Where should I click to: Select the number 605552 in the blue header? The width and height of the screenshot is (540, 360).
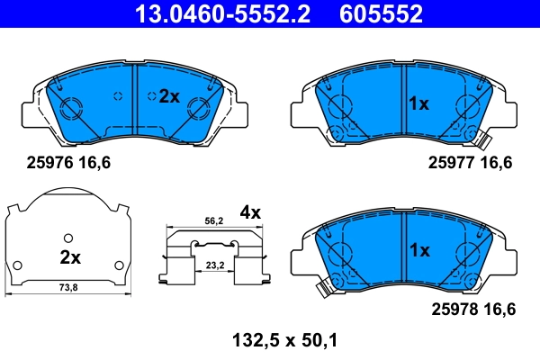pos(381,14)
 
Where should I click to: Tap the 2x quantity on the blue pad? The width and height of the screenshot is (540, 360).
pos(169,96)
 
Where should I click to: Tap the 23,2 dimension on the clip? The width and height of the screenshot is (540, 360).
pos(213,266)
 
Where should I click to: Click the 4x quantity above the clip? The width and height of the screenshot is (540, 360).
pos(249,212)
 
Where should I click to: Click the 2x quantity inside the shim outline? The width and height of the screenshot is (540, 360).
pos(70,257)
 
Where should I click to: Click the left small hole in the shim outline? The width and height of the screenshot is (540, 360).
pos(16,264)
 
